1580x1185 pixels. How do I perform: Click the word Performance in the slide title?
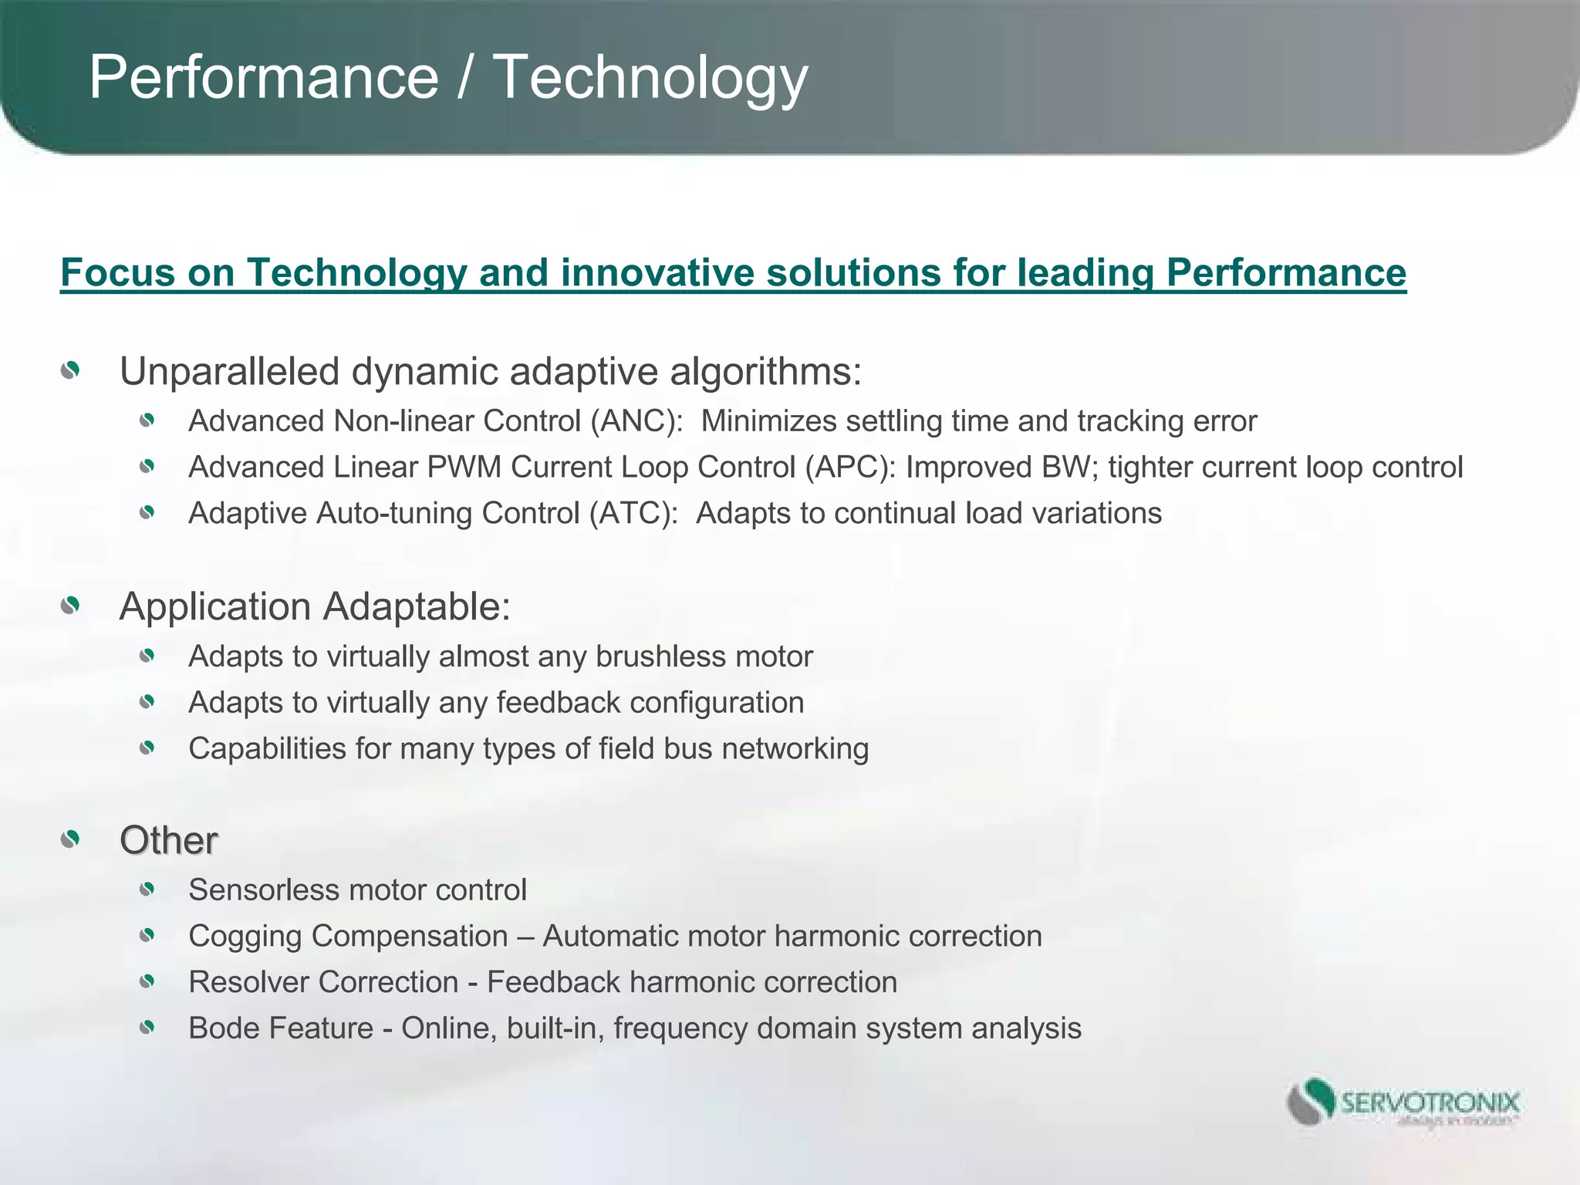tap(264, 77)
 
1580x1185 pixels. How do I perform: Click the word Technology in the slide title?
tap(650, 77)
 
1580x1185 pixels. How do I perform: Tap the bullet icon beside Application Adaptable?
tap(70, 606)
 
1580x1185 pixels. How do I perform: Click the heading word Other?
tap(168, 840)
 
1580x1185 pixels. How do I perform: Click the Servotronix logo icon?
tap(1311, 1102)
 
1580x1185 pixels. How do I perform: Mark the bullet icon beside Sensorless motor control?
tap(147, 890)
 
